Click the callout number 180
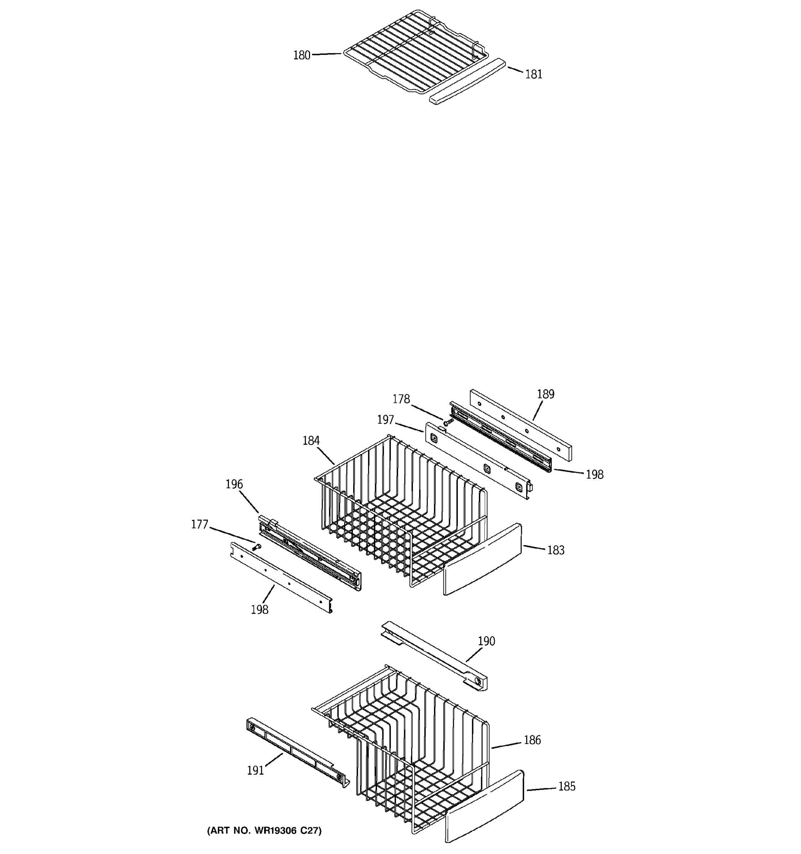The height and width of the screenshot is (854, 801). click(301, 56)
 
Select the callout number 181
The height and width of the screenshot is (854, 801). click(534, 74)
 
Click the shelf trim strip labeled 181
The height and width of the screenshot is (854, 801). click(467, 81)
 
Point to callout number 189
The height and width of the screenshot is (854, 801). click(545, 394)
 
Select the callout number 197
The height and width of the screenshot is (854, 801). click(385, 420)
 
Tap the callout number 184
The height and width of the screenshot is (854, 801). click(311, 441)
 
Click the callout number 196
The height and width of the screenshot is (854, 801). click(234, 485)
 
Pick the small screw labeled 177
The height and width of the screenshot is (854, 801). click(257, 547)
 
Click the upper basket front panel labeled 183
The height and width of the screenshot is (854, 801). click(482, 559)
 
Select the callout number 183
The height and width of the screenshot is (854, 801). click(555, 550)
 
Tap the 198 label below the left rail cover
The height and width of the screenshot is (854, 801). click(260, 610)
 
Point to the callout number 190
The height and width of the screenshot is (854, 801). click(486, 641)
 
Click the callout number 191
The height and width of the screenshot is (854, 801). click(255, 771)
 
